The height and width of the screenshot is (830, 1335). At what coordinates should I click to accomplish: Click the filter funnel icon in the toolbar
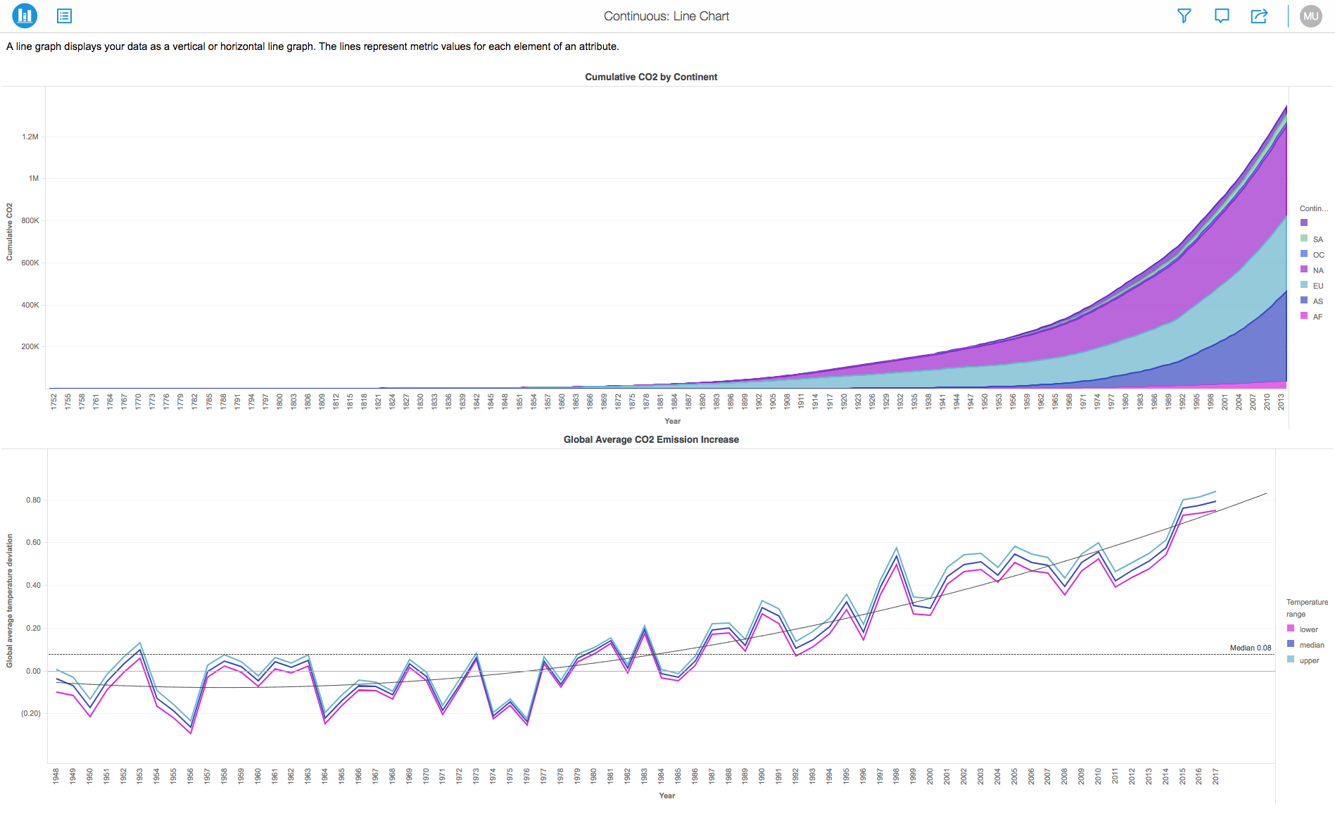pos(1184,15)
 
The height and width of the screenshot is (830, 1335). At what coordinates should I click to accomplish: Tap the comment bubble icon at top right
pos(1222,15)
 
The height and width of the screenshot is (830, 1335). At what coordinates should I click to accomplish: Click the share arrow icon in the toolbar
pos(1259,15)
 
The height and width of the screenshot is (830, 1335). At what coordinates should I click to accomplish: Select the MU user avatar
pos(1310,16)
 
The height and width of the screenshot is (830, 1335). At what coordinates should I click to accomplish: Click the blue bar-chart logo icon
pos(25,15)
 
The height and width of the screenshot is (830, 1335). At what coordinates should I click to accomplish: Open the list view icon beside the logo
pos(64,15)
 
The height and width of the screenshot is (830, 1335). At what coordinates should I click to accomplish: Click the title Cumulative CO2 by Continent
pos(651,77)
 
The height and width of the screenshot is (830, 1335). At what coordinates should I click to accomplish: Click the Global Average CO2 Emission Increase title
pos(651,439)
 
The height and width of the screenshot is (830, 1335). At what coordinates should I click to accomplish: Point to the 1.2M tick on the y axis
pos(30,137)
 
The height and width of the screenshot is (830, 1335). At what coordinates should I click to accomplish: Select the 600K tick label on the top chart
pos(30,263)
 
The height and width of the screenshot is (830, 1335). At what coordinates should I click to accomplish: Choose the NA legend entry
pos(1317,270)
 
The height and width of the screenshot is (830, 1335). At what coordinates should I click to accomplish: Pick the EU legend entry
pos(1317,286)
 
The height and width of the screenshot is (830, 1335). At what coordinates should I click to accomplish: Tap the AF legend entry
pos(1317,317)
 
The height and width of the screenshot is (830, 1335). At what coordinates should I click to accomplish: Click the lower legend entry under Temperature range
pos(1308,629)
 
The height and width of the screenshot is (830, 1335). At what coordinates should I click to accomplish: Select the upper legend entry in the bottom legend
pos(1309,660)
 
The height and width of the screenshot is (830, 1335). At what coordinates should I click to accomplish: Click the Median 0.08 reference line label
pos(1251,648)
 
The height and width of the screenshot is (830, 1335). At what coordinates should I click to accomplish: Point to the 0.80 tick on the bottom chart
pos(33,500)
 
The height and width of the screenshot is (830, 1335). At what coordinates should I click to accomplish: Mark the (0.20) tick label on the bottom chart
pos(31,713)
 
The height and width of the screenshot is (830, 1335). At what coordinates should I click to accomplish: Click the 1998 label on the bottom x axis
pos(896,776)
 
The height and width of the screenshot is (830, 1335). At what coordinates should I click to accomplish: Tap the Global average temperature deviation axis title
pos(10,601)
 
